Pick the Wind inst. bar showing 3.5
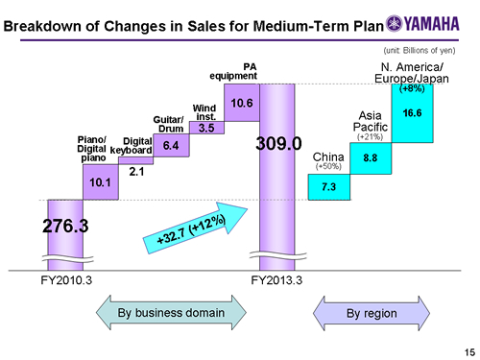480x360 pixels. click(206, 127)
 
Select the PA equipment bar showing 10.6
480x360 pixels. click(242, 103)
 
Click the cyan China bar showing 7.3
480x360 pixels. click(327, 184)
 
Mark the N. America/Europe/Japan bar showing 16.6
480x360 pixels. click(414, 113)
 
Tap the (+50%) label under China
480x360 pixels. click(329, 165)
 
